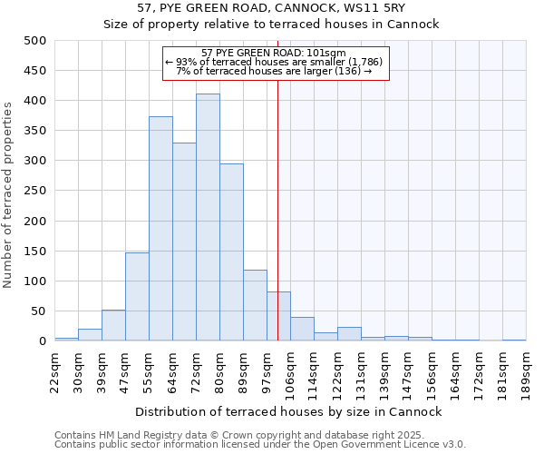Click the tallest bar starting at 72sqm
coord(208,218)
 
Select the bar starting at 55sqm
coord(160,229)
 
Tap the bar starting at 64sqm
coord(184,242)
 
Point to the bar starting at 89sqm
coord(255,306)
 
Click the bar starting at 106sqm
coord(302,330)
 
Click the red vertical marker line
coord(277,227)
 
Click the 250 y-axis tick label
coord(35,191)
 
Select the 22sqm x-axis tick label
coord(54,369)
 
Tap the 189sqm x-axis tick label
coord(526,369)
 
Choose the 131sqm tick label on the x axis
coord(361,369)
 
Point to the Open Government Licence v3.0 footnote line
coord(260,445)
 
